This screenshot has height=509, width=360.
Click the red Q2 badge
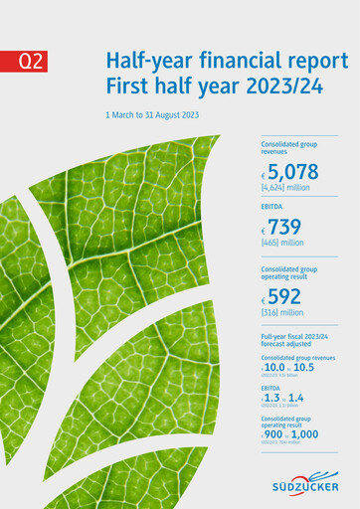pos(32,62)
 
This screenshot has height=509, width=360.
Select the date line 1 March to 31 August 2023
pos(152,115)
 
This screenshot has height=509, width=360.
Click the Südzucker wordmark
pos(305,487)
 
